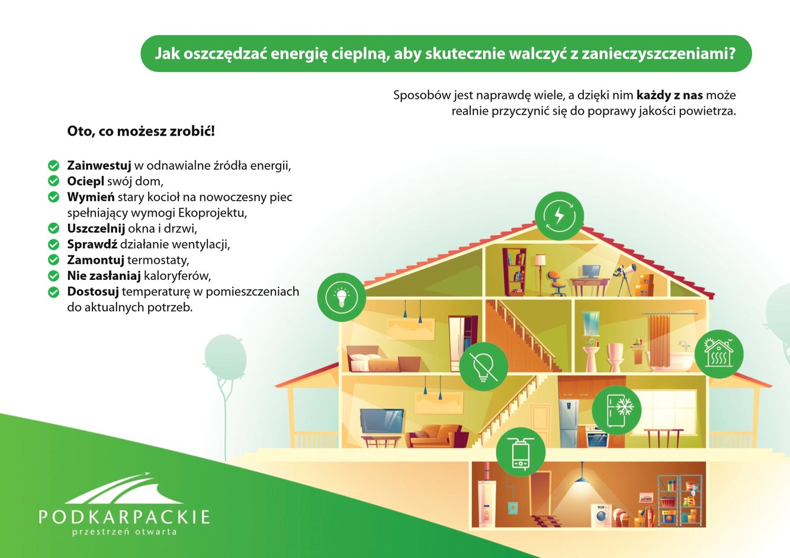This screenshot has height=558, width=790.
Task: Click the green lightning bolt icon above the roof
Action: pyautogui.click(x=559, y=216)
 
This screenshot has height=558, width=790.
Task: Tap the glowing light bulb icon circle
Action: pyautogui.click(x=341, y=297)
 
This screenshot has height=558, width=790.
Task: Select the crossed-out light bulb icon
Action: pyautogui.click(x=483, y=367)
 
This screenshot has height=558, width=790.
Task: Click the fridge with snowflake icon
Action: pyautogui.click(x=616, y=410)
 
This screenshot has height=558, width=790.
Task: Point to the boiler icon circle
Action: pyautogui.click(x=521, y=452)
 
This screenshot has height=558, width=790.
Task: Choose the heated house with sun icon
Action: pyautogui.click(x=719, y=354)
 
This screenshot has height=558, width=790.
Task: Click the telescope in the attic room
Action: pyautogui.click(x=625, y=279)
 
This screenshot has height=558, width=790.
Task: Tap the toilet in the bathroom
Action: pyautogui.click(x=615, y=357)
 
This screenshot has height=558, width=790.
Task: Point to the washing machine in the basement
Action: pyautogui.click(x=601, y=515)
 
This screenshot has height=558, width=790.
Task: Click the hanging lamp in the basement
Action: pyautogui.click(x=582, y=475)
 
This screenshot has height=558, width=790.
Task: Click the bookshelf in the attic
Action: pyautogui.click(x=515, y=271)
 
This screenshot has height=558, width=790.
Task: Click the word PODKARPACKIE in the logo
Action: pyautogui.click(x=124, y=517)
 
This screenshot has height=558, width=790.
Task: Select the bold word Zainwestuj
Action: pyautogui.click(x=99, y=165)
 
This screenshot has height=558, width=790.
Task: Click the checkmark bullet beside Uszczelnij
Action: pyautogui.click(x=54, y=228)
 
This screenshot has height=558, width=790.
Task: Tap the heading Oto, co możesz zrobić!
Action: pyautogui.click(x=141, y=131)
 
